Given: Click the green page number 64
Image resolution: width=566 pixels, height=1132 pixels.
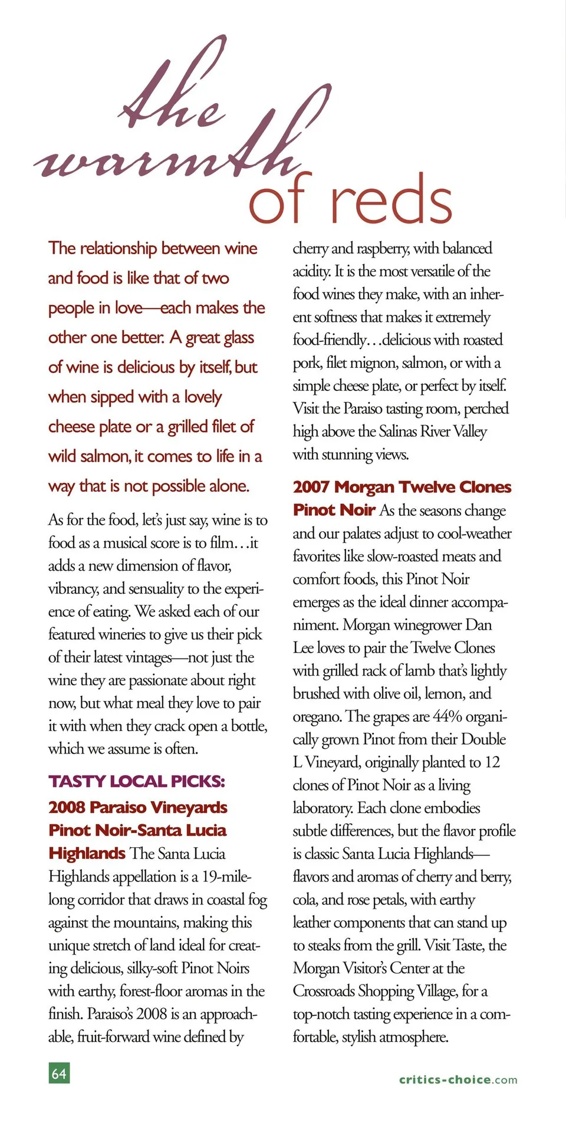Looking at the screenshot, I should point(59,1073).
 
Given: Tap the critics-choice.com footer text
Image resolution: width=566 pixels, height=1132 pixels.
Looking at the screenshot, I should point(458,1080).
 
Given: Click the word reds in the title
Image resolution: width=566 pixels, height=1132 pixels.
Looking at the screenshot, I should point(391,199).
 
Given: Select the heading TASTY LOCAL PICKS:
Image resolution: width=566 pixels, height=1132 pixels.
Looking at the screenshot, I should point(137,782).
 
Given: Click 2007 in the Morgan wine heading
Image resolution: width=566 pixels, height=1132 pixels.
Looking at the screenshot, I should point(311,487).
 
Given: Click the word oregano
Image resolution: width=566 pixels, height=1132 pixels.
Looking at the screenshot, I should point(317,717).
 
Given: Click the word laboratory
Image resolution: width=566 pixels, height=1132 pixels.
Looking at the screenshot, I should point(323,808).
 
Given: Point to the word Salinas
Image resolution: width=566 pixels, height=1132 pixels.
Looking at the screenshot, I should point(398,432).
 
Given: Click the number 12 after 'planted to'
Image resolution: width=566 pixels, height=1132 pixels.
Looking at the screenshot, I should point(492,762).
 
